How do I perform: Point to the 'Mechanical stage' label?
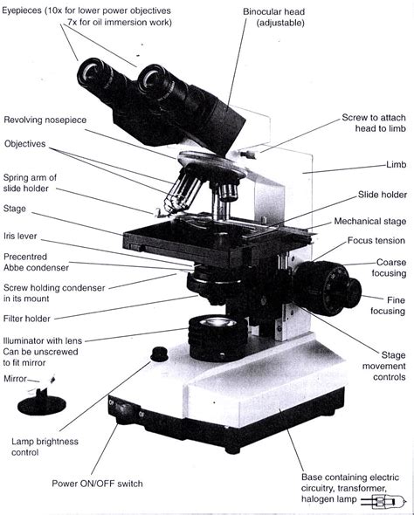coord(369,222)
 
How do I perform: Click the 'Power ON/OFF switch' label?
coord(97,483)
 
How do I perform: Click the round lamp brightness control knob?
coord(159,354)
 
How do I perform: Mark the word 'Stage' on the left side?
coord(15,209)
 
